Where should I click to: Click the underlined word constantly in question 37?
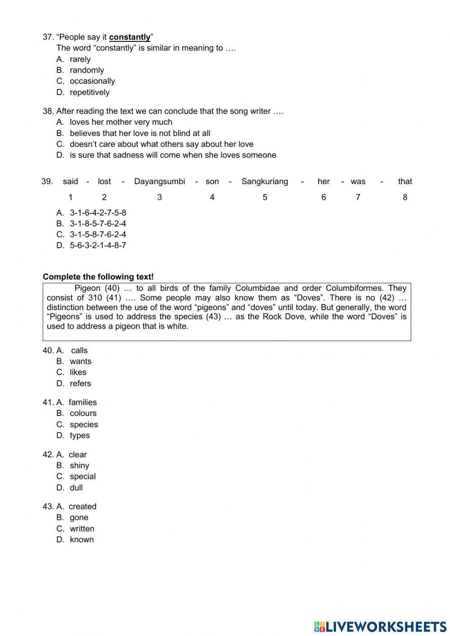pyautogui.click(x=130, y=37)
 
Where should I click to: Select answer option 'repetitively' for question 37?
pyautogui.click(x=89, y=92)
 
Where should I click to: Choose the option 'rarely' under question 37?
pyautogui.click(x=80, y=59)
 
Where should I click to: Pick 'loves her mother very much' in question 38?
pyautogui.click(x=121, y=122)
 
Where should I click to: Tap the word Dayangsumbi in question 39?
pyautogui.click(x=159, y=181)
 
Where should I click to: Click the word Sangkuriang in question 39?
pyautogui.click(x=265, y=181)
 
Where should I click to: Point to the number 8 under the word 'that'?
pyautogui.click(x=405, y=197)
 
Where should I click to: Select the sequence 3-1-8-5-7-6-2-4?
pyautogui.click(x=98, y=224)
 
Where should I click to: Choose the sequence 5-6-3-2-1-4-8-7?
pyautogui.click(x=98, y=245)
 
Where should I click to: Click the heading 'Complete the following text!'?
pyautogui.click(x=98, y=277)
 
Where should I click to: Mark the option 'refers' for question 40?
pyautogui.click(x=80, y=383)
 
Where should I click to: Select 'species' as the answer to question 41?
pyautogui.click(x=84, y=424)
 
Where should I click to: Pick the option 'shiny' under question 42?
pyautogui.click(x=79, y=465)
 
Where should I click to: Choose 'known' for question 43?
pyautogui.click(x=81, y=540)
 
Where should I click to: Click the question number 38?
pyautogui.click(x=48, y=111)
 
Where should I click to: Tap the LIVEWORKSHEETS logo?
pyautogui.click(x=380, y=627)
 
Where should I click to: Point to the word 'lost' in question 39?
pyautogui.click(x=104, y=181)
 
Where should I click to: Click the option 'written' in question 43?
pyautogui.click(x=82, y=529)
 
